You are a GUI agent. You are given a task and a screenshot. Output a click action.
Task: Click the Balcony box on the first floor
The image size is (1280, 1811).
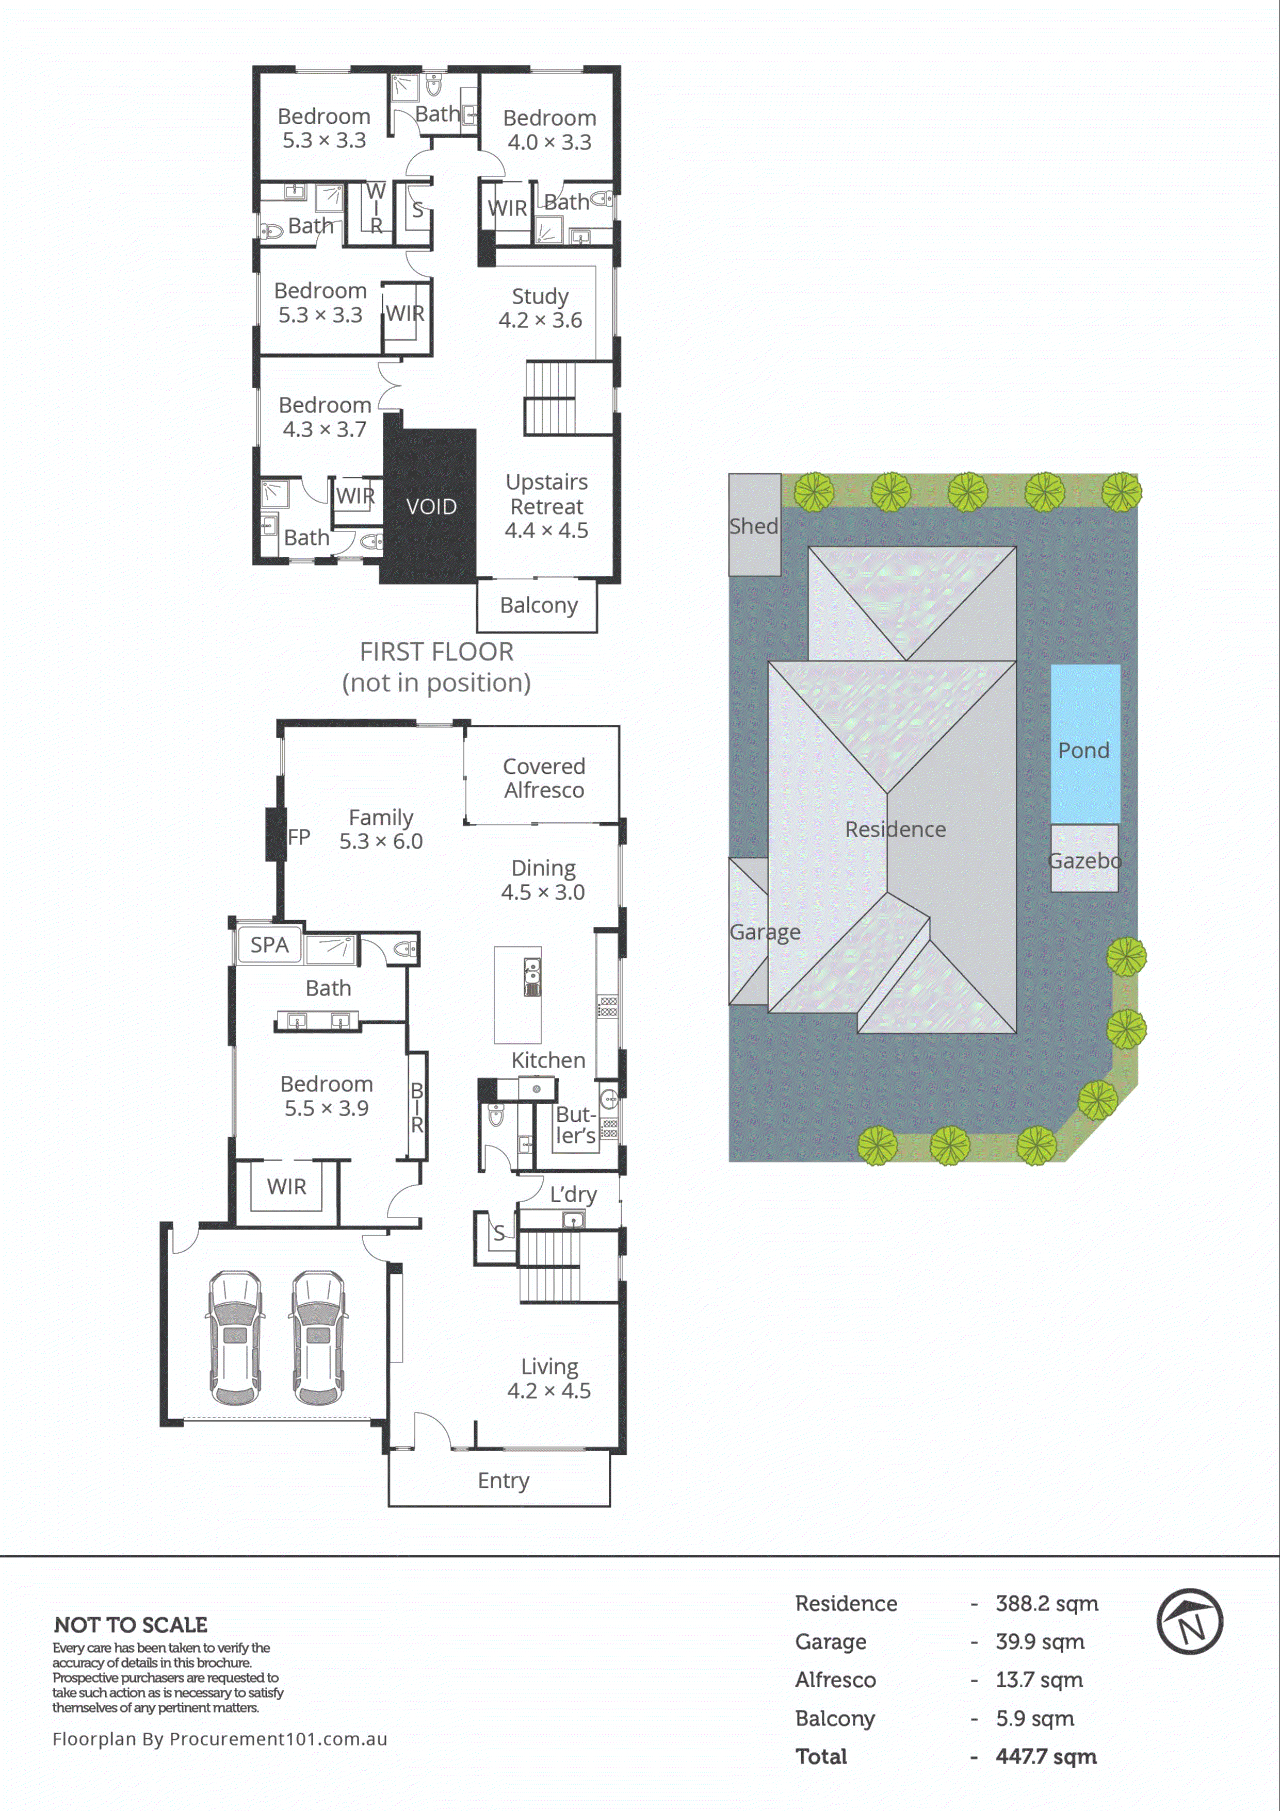[x=538, y=605]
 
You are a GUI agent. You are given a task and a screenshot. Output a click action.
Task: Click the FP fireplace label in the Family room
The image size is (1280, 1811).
[x=298, y=836]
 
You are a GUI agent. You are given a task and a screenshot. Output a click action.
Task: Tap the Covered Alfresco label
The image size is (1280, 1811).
[x=544, y=778]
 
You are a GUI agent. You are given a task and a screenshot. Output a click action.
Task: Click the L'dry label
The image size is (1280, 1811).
[x=573, y=1193]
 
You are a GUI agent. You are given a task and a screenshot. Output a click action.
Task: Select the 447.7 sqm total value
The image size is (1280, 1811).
[x=1046, y=1756]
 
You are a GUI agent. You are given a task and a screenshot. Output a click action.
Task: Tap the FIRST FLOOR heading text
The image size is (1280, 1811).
[x=436, y=652]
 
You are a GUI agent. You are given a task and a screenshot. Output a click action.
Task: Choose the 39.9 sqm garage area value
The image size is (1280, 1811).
[x=1039, y=1641]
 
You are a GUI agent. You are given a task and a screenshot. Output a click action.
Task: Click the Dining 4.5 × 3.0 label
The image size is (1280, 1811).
[x=543, y=879]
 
